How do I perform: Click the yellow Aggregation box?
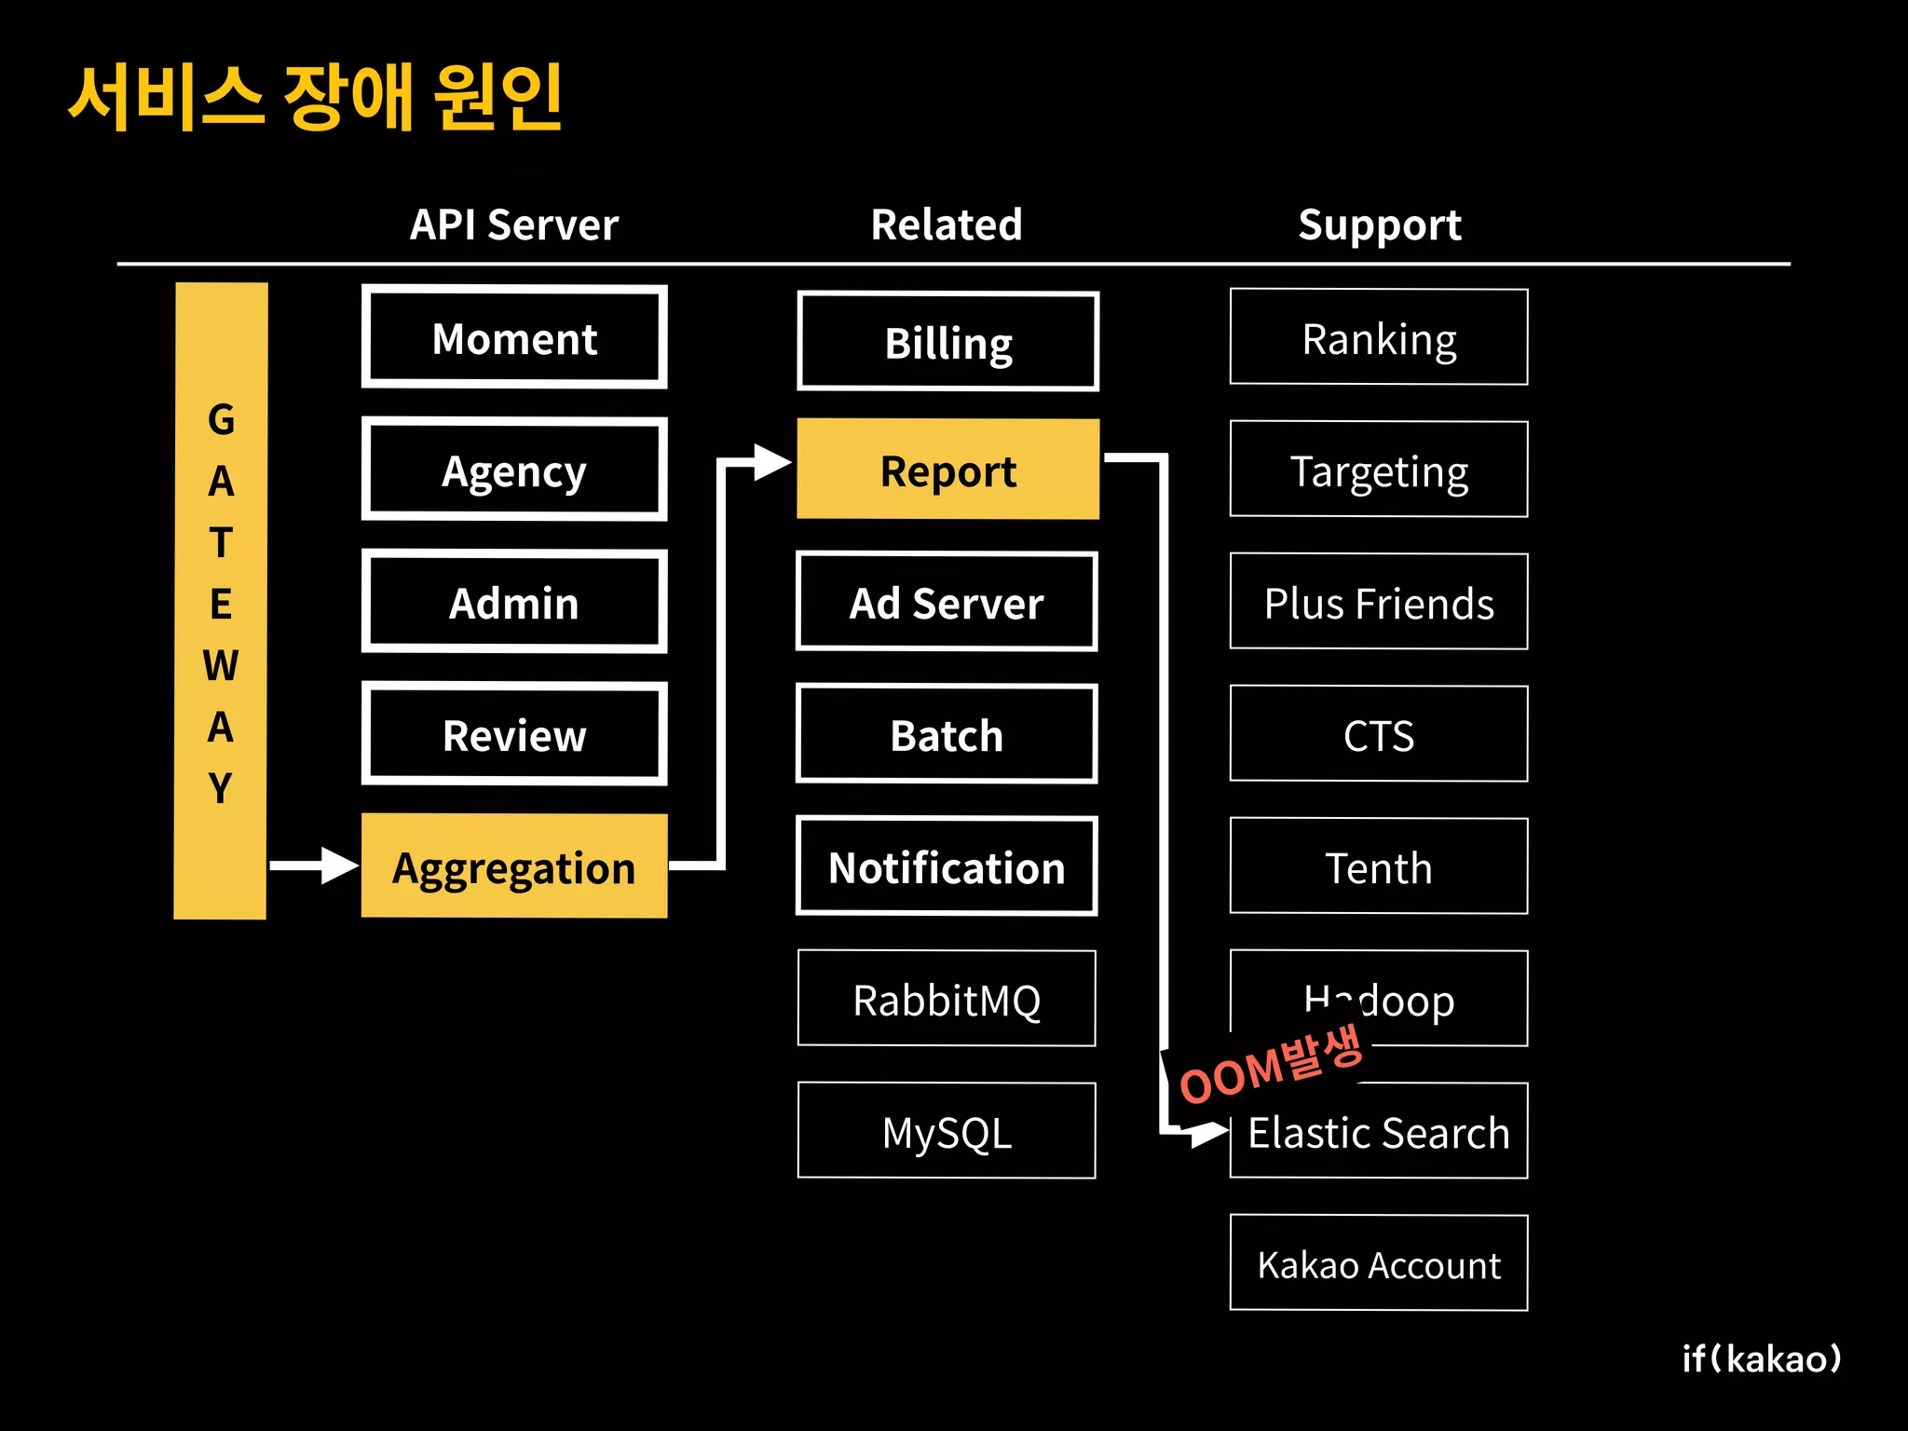[513, 866]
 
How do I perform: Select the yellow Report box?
[947, 470]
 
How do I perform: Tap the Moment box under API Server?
[514, 337]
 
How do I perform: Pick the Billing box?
[947, 342]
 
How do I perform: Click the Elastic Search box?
[1378, 1131]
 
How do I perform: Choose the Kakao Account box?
[1378, 1263]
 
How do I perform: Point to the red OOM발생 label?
[1271, 1065]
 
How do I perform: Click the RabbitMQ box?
[947, 999]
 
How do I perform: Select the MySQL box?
[947, 1131]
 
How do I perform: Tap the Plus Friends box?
[1378, 602]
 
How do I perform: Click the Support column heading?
[1379, 225]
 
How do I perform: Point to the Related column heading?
[947, 225]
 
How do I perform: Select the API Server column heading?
[514, 225]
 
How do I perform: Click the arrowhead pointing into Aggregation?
[338, 865]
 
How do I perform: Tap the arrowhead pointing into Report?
[771, 462]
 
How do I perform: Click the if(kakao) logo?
[1761, 1358]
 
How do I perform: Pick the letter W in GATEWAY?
[221, 665]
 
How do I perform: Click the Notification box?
[947, 866]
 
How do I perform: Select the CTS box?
[1378, 734]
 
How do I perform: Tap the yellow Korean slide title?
[316, 97]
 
